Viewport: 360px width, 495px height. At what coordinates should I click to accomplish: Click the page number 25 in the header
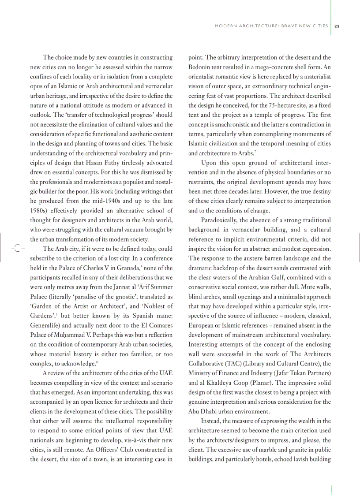[x=337, y=26]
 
